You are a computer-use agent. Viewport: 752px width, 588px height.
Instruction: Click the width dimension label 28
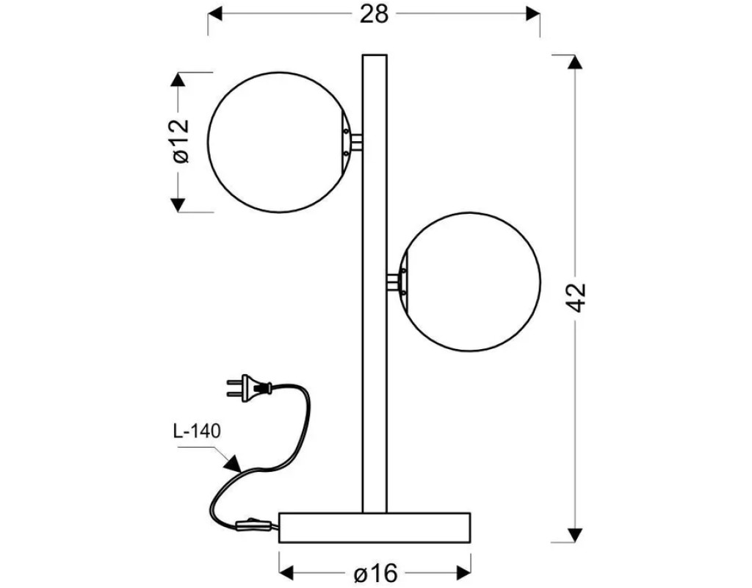[374, 14]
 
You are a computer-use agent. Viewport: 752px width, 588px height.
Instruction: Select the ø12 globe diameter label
[178, 140]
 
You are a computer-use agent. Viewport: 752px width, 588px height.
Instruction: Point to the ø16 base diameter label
[375, 571]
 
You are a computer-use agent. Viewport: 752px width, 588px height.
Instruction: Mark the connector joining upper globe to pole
[355, 141]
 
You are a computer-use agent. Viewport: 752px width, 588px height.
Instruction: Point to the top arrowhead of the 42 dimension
[577, 62]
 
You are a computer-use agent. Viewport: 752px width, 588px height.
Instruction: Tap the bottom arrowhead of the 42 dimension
[577, 534]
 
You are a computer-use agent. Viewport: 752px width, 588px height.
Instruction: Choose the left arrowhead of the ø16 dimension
[288, 571]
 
